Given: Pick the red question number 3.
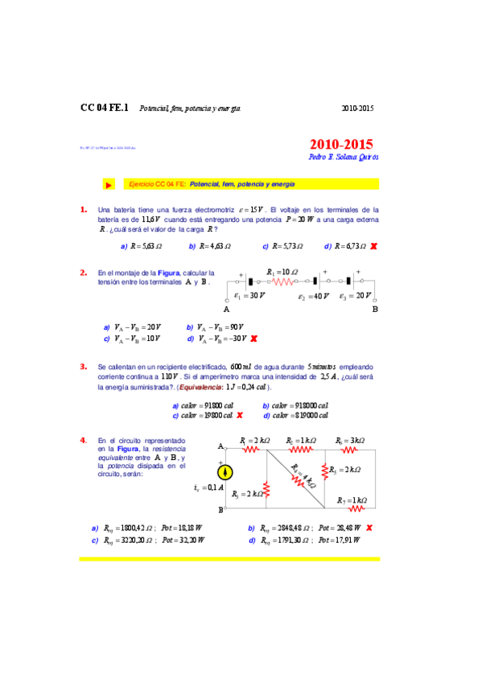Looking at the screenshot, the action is tap(84, 366).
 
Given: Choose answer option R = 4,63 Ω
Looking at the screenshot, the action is tap(211, 246).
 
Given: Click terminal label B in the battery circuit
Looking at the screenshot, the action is tap(374, 309).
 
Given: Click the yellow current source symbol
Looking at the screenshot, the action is tap(228, 472).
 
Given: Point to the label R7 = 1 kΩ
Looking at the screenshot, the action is tap(352, 499).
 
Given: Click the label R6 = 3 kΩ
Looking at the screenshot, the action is tap(350, 441).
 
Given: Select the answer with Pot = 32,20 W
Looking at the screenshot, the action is tap(152, 540).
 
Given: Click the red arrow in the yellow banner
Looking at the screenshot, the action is tap(109, 185).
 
